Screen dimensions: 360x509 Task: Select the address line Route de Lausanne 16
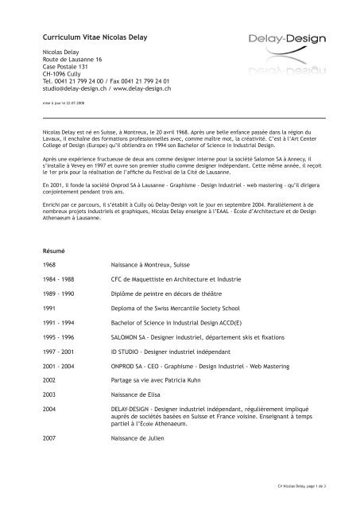click(73, 60)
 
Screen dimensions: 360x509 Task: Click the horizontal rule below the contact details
click(180, 116)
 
